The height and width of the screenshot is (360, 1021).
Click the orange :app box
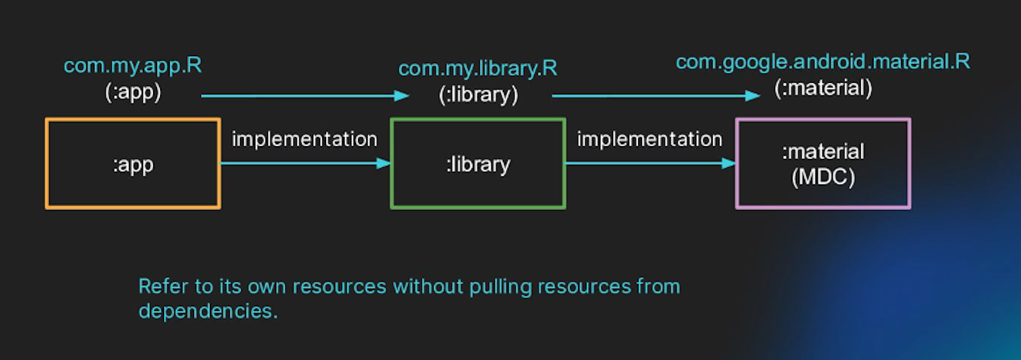pyautogui.click(x=133, y=163)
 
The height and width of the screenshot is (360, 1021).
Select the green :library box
pyautogui.click(x=478, y=163)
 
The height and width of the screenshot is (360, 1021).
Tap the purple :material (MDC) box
pyautogui.click(x=823, y=163)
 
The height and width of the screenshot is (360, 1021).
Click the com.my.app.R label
pyautogui.click(x=133, y=65)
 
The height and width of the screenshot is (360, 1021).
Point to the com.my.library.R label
pyautogui.click(x=478, y=68)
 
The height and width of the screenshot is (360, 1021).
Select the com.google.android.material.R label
pyautogui.click(x=823, y=62)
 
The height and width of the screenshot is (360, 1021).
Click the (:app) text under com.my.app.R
pyautogui.click(x=133, y=93)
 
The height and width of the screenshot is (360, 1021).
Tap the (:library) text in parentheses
pyautogui.click(x=478, y=95)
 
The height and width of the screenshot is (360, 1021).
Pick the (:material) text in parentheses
pyautogui.click(x=823, y=88)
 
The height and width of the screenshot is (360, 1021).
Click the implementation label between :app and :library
pyautogui.click(x=304, y=139)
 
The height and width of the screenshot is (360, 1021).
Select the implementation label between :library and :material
pyautogui.click(x=650, y=139)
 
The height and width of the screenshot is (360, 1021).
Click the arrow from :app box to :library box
pyautogui.click(x=305, y=163)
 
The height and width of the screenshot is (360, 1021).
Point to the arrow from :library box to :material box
pyautogui.click(x=650, y=163)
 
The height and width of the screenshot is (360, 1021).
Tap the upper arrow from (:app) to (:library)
pyautogui.click(x=305, y=96)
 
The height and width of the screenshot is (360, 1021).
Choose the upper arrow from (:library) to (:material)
pyautogui.click(x=656, y=96)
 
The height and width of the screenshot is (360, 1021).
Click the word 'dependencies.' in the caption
pyautogui.click(x=208, y=311)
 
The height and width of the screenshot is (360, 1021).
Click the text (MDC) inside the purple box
pyautogui.click(x=823, y=177)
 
